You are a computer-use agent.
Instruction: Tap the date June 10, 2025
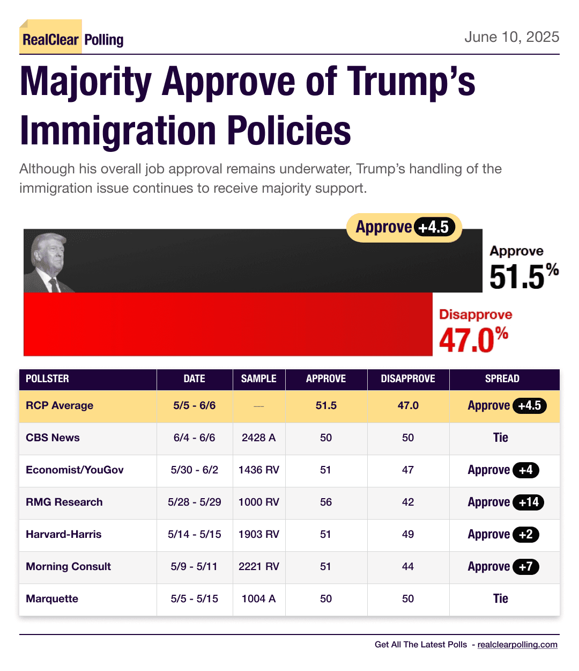511,37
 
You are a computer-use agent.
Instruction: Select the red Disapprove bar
228,324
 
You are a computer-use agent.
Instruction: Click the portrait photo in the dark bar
48,262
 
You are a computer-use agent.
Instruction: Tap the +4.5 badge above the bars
434,227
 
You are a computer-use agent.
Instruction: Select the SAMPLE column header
259,379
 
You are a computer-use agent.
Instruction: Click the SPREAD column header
502,379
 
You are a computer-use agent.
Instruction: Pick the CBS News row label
53,437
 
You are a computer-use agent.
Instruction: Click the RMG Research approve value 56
326,502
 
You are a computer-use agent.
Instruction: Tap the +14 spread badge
528,502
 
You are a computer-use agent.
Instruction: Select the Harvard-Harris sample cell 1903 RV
259,534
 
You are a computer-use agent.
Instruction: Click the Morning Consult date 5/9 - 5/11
194,566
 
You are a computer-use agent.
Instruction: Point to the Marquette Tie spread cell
500,599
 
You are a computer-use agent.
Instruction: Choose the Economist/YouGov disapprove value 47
408,470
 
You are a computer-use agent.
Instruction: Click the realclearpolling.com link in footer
517,644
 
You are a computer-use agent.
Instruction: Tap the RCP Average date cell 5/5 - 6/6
194,405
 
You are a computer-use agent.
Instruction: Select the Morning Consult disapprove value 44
408,566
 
